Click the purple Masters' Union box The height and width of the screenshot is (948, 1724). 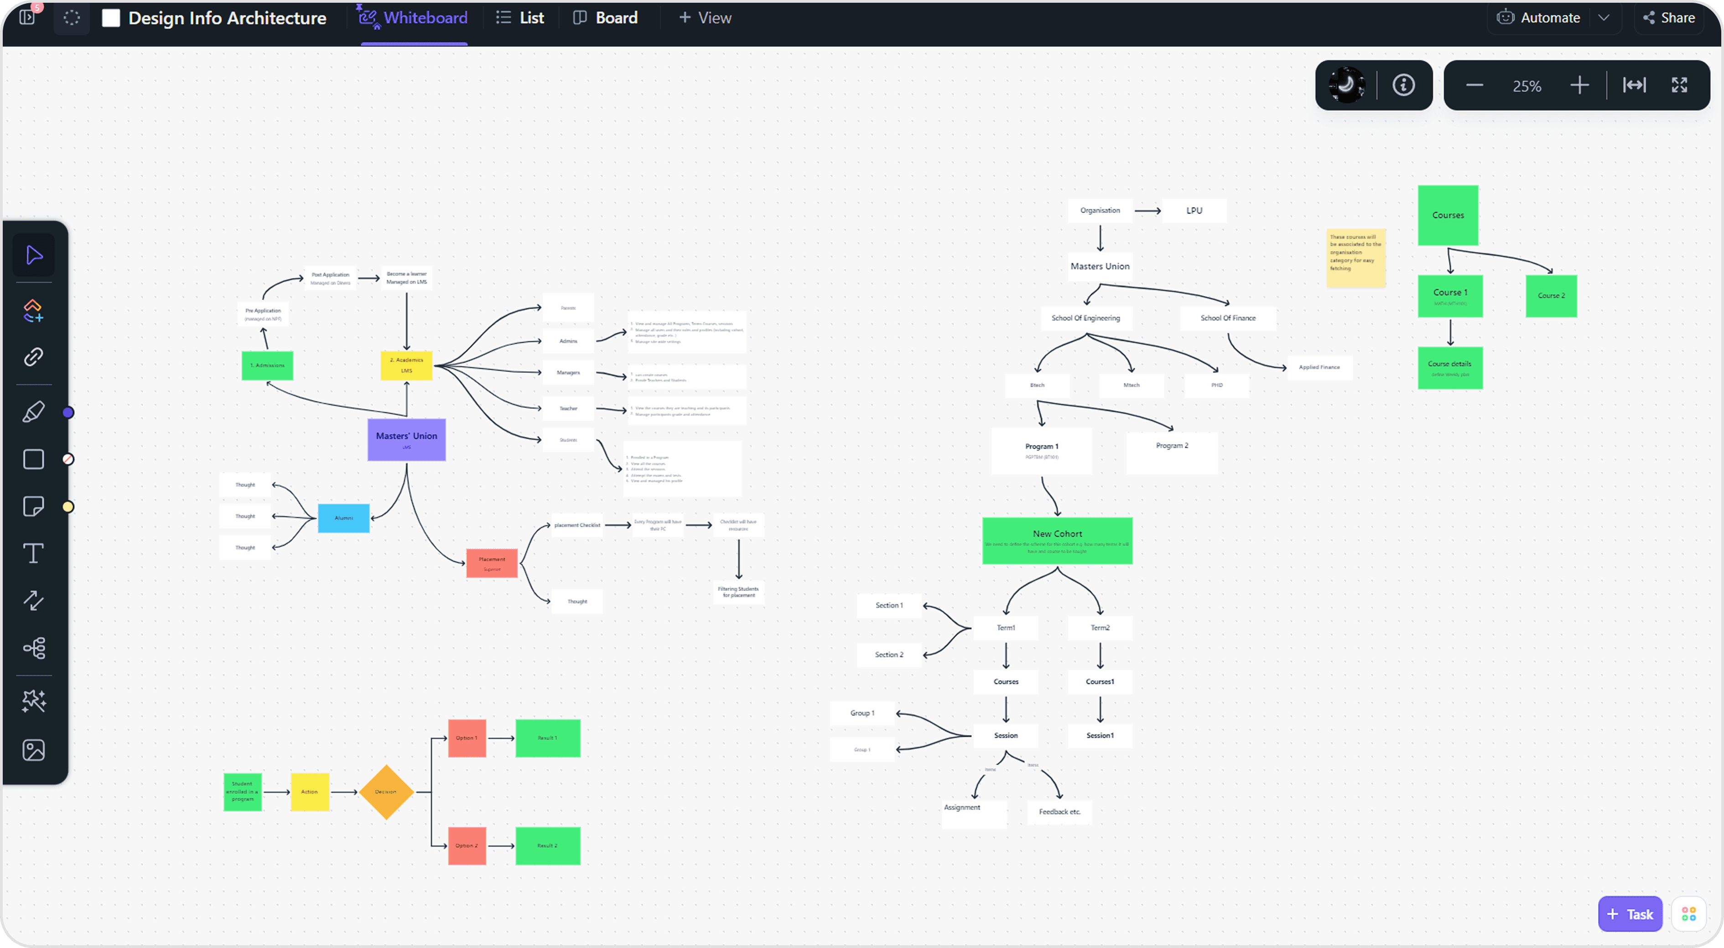(406, 440)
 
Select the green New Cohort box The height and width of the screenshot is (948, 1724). (1057, 540)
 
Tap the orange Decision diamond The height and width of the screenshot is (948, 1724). (386, 792)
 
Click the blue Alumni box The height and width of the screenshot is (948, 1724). (343, 518)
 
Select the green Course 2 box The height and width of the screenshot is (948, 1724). (1551, 295)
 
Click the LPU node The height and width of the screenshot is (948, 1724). (1194, 211)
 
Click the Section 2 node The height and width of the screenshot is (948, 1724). (889, 655)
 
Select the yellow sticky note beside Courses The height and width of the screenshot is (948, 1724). (1355, 258)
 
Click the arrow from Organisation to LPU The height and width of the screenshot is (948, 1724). (1147, 211)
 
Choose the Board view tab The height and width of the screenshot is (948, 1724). (606, 18)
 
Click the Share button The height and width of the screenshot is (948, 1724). (1669, 18)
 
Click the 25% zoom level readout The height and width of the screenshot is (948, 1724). (1527, 86)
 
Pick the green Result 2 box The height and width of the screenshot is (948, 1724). (547, 846)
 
